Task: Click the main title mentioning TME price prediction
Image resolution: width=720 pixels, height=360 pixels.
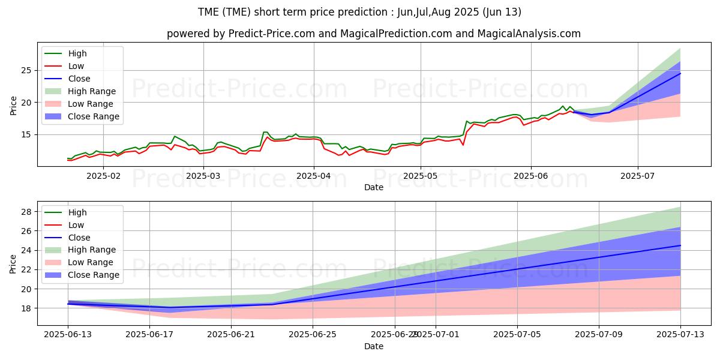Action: pyautogui.click(x=359, y=12)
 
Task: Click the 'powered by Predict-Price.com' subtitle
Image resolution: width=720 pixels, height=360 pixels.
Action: pyautogui.click(x=373, y=34)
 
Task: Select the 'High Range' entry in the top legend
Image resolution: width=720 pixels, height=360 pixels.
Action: pyautogui.click(x=92, y=91)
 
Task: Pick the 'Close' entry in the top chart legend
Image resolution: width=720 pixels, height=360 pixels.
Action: pyautogui.click(x=79, y=79)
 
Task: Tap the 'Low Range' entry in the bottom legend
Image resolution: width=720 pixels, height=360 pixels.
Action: pyautogui.click(x=91, y=262)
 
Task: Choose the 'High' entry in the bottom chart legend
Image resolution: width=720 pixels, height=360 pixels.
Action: pyautogui.click(x=77, y=212)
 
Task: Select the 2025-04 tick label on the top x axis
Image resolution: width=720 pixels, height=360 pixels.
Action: pyautogui.click(x=314, y=176)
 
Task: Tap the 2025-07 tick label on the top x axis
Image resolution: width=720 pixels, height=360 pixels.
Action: pyautogui.click(x=637, y=176)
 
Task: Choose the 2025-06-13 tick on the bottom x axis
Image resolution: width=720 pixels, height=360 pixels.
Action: pyautogui.click(x=68, y=334)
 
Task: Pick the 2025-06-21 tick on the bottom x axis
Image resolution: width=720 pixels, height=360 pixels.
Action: pyautogui.click(x=232, y=334)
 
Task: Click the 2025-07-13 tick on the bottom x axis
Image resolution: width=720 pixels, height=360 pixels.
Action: pyautogui.click(x=680, y=334)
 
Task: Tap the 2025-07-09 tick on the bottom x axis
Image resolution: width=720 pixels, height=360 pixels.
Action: pyautogui.click(x=599, y=334)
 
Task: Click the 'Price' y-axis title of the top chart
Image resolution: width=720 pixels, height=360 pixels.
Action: pyautogui.click(x=13, y=106)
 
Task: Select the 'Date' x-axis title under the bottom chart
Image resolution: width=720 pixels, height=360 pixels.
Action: pyautogui.click(x=374, y=347)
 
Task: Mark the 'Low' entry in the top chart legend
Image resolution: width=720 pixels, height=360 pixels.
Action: pyautogui.click(x=76, y=66)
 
